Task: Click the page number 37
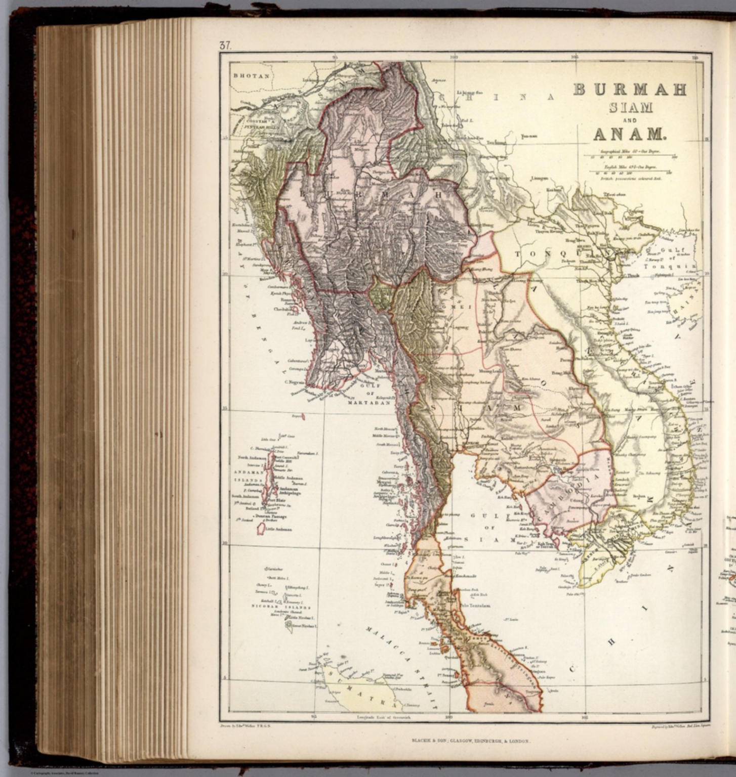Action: pyautogui.click(x=225, y=45)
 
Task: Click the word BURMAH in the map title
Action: pyautogui.click(x=630, y=90)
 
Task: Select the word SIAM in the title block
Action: pyautogui.click(x=630, y=108)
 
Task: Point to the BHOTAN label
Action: pyautogui.click(x=251, y=76)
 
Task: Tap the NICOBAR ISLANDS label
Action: pyautogui.click(x=281, y=607)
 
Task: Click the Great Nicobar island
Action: pyautogui.click(x=290, y=626)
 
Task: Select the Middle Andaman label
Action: pyautogui.click(x=288, y=478)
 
